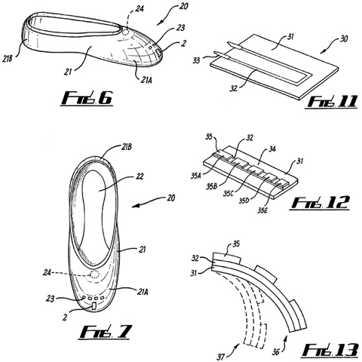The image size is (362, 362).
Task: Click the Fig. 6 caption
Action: coord(87,99)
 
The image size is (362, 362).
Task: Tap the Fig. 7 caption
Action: coord(105,332)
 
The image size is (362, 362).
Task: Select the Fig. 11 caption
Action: coord(332,102)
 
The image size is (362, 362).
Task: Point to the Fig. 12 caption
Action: coord(320,202)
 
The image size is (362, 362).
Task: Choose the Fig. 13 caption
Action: coord(330,350)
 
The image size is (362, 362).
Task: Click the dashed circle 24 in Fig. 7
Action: coord(94,274)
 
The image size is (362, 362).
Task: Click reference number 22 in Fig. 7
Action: coord(139,176)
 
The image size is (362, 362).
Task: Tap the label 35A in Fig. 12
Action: coord(196,176)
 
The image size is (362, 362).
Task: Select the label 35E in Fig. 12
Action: coord(263,210)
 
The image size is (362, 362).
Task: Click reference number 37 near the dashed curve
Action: coord(221,357)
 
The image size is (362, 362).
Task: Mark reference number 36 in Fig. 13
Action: coord(275,352)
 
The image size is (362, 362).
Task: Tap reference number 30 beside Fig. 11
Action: coord(344,39)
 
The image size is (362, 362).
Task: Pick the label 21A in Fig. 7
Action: coord(143,292)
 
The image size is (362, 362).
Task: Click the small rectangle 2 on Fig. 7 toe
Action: coord(94,306)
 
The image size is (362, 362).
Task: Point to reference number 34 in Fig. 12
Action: coord(271,149)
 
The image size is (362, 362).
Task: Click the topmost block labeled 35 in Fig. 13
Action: coord(227,259)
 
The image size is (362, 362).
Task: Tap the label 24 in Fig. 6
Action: coord(140,9)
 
